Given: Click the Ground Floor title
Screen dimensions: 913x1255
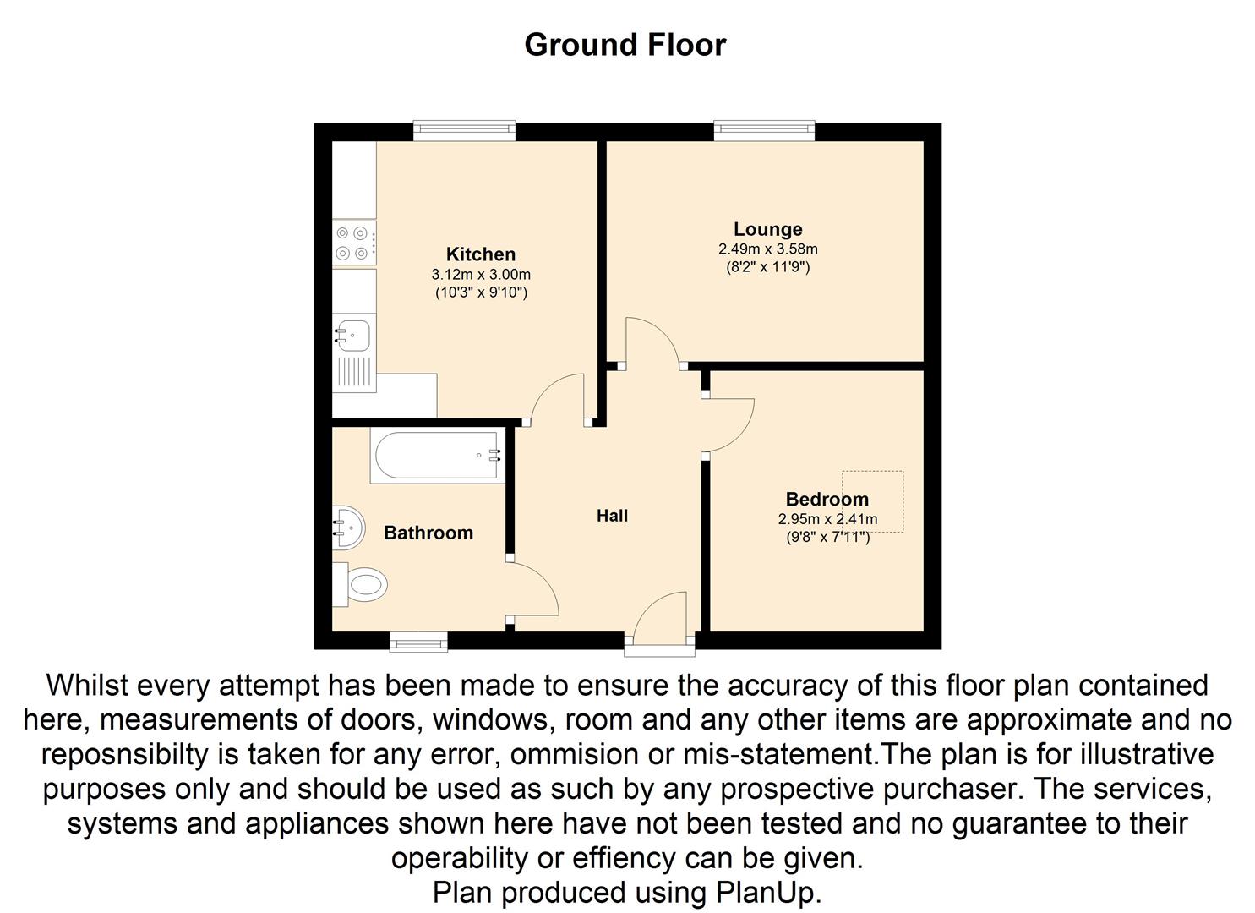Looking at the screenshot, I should click(625, 45).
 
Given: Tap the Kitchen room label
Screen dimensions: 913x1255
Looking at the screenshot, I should click(480, 254).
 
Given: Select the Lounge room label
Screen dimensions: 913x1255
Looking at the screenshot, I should click(767, 229).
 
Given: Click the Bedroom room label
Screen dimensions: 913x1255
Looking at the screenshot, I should click(827, 500).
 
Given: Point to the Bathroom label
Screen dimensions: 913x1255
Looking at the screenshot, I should click(428, 533).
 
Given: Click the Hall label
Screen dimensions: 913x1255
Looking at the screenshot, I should click(612, 516).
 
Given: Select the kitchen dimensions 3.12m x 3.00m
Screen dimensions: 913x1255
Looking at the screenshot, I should click(480, 275).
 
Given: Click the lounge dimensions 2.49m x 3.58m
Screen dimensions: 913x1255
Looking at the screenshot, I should click(767, 249).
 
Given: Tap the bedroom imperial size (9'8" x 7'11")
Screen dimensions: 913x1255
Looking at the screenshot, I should click(827, 537).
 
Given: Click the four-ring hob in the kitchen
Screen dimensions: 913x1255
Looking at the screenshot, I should click(353, 242).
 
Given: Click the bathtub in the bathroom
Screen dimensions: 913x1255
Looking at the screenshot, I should click(437, 456).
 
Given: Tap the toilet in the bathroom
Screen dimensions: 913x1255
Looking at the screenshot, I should click(362, 584).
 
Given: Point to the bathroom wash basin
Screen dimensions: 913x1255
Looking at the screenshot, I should click(347, 527).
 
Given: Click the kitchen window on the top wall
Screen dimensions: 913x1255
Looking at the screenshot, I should click(464, 130).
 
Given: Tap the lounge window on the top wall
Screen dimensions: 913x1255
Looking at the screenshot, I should click(764, 130).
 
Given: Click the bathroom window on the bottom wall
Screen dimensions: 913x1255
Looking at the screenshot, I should click(418, 644).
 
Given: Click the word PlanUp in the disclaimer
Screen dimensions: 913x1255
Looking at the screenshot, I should click(767, 893).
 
